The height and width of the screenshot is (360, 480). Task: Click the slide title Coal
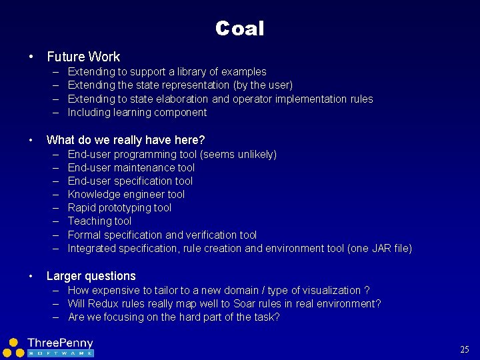pyautogui.click(x=240, y=29)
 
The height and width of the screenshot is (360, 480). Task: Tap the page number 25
pyautogui.click(x=465, y=349)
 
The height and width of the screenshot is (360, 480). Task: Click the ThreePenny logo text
pyautogui.click(x=61, y=343)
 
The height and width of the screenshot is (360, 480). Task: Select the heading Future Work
pyautogui.click(x=83, y=57)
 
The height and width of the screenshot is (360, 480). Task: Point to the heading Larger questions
pyautogui.click(x=91, y=276)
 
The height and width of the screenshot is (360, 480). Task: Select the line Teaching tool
pyautogui.click(x=99, y=221)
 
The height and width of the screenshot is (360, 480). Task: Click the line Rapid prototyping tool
pyautogui.click(x=119, y=207)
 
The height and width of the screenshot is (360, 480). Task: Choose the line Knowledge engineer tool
pyautogui.click(x=126, y=194)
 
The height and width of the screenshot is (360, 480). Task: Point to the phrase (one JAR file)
pyautogui.click(x=379, y=248)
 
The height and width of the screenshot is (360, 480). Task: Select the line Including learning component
pyautogui.click(x=137, y=112)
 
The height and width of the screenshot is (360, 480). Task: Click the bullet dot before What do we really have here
pyautogui.click(x=30, y=140)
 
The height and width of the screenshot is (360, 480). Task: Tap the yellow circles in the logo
pyautogui.click(x=13, y=347)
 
